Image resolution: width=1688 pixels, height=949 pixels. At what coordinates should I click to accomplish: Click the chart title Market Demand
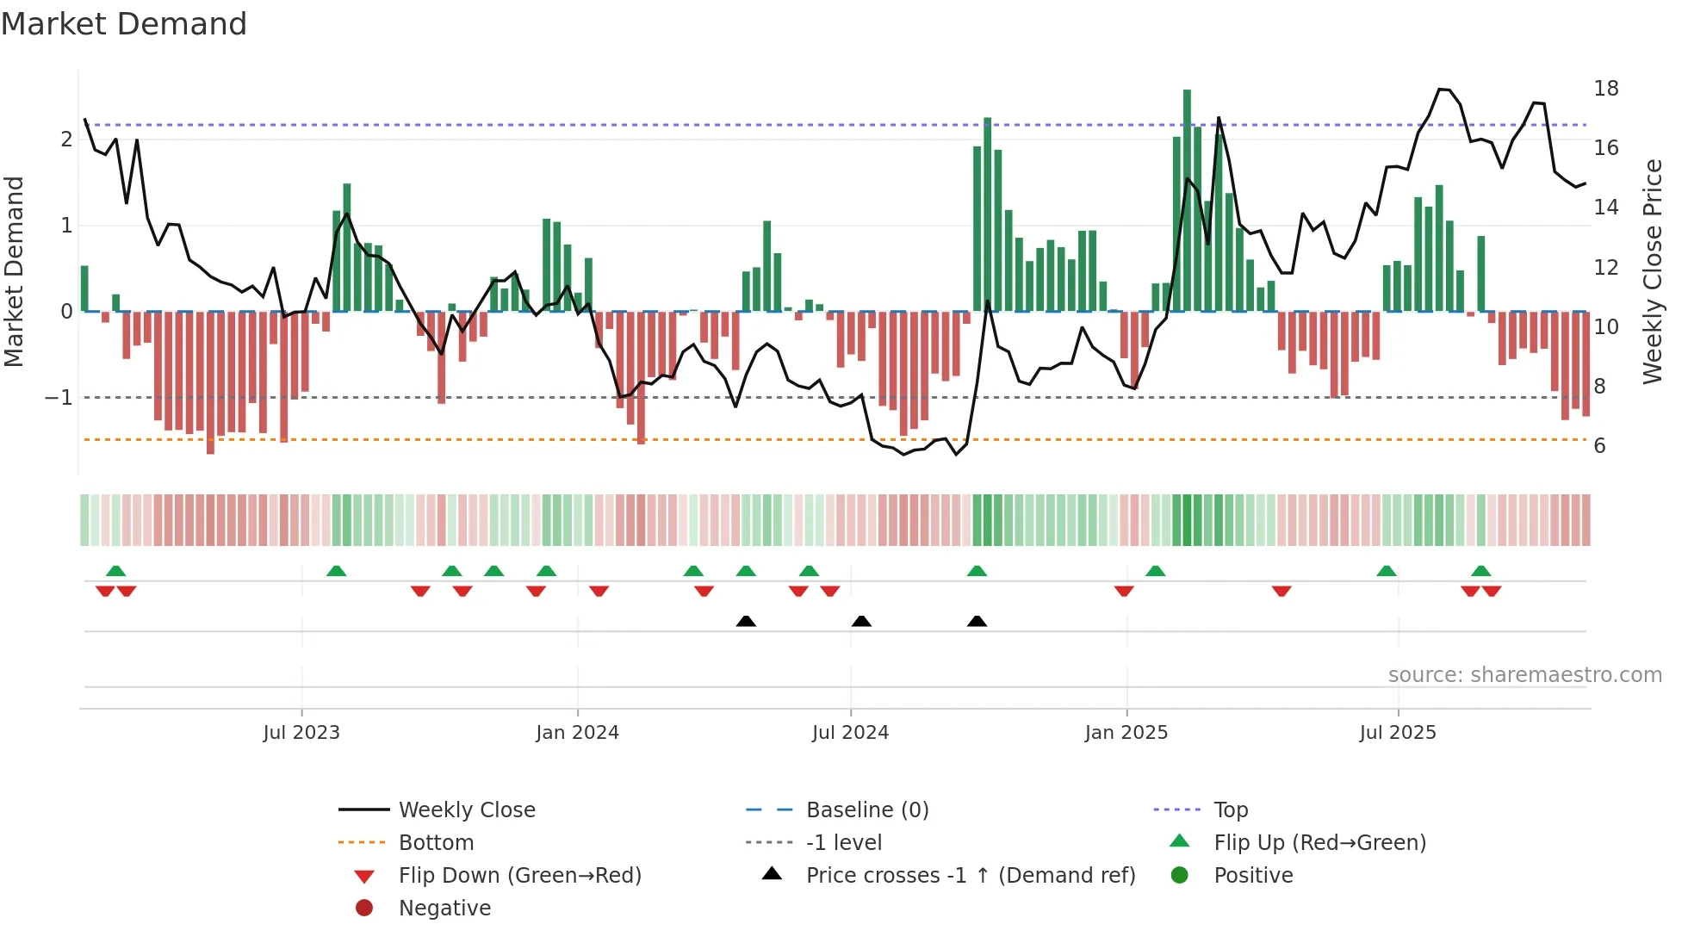[x=124, y=24]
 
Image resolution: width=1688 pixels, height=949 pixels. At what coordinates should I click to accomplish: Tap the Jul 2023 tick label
[x=301, y=733]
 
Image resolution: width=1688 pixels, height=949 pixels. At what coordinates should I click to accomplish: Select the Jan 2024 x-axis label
[x=577, y=733]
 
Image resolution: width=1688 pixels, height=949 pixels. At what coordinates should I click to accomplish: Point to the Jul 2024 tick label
[x=850, y=733]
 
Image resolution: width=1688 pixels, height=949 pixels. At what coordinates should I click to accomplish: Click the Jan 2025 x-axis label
[x=1126, y=733]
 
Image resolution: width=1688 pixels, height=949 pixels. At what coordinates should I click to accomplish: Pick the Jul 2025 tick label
[x=1398, y=733]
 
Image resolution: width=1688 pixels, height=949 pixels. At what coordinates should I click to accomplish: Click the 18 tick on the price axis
[x=1605, y=89]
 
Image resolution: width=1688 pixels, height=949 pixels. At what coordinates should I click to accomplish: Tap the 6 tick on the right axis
[x=1599, y=446]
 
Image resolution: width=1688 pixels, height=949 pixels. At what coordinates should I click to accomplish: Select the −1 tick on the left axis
[x=59, y=398]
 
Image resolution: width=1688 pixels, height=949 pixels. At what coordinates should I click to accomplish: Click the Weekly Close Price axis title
[x=1652, y=271]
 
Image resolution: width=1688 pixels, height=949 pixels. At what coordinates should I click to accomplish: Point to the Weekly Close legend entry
[x=466, y=810]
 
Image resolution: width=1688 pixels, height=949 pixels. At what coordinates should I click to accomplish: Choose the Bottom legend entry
[x=436, y=843]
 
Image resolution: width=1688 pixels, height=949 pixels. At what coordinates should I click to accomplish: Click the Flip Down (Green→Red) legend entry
[x=519, y=876]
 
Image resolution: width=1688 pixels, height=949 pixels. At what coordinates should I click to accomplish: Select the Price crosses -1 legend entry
[x=970, y=876]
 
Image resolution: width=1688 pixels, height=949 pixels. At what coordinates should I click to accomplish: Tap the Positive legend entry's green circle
[x=1180, y=876]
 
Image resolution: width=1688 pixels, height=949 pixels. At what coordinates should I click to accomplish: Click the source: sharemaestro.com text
[x=1524, y=675]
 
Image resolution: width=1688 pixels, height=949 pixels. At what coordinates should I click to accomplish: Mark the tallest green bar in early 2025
[x=1187, y=200]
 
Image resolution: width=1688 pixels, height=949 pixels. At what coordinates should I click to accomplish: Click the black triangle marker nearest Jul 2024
[x=861, y=622]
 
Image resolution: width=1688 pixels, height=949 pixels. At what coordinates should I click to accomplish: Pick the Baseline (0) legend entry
[x=866, y=810]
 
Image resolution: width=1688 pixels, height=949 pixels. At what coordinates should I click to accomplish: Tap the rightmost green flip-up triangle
[x=1480, y=572]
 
